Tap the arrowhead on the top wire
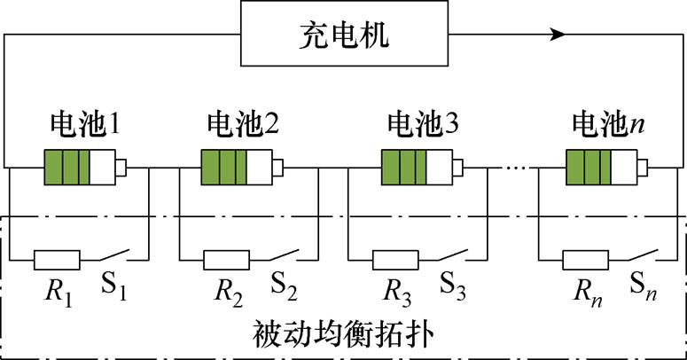pos(558,35)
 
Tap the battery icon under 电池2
pos(242,166)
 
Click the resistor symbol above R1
pos(57,260)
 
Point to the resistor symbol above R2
pos(227,260)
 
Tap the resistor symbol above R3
pos(395,260)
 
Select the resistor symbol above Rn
pos(586,260)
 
